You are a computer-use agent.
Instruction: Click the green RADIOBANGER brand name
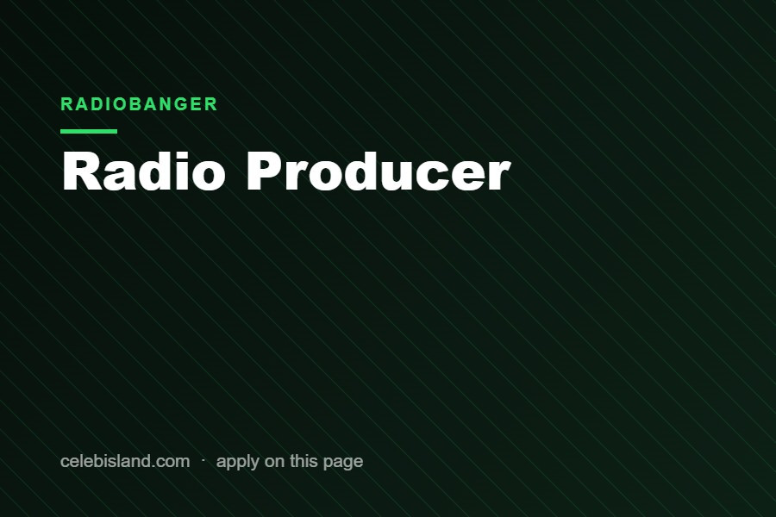click(139, 104)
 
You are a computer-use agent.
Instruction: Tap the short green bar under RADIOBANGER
click(89, 131)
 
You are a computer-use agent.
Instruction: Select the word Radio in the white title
click(143, 171)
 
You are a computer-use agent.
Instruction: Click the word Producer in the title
click(379, 171)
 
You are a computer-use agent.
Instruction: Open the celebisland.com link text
click(125, 461)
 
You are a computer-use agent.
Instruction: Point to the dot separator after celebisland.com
click(203, 460)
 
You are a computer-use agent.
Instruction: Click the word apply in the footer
click(238, 462)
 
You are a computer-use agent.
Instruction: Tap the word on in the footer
click(275, 462)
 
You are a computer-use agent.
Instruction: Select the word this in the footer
click(304, 461)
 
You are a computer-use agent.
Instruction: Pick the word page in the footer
click(343, 463)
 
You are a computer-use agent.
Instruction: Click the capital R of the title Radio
click(79, 171)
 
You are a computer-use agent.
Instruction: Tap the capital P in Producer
click(265, 171)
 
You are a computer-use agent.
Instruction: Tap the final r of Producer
click(499, 175)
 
